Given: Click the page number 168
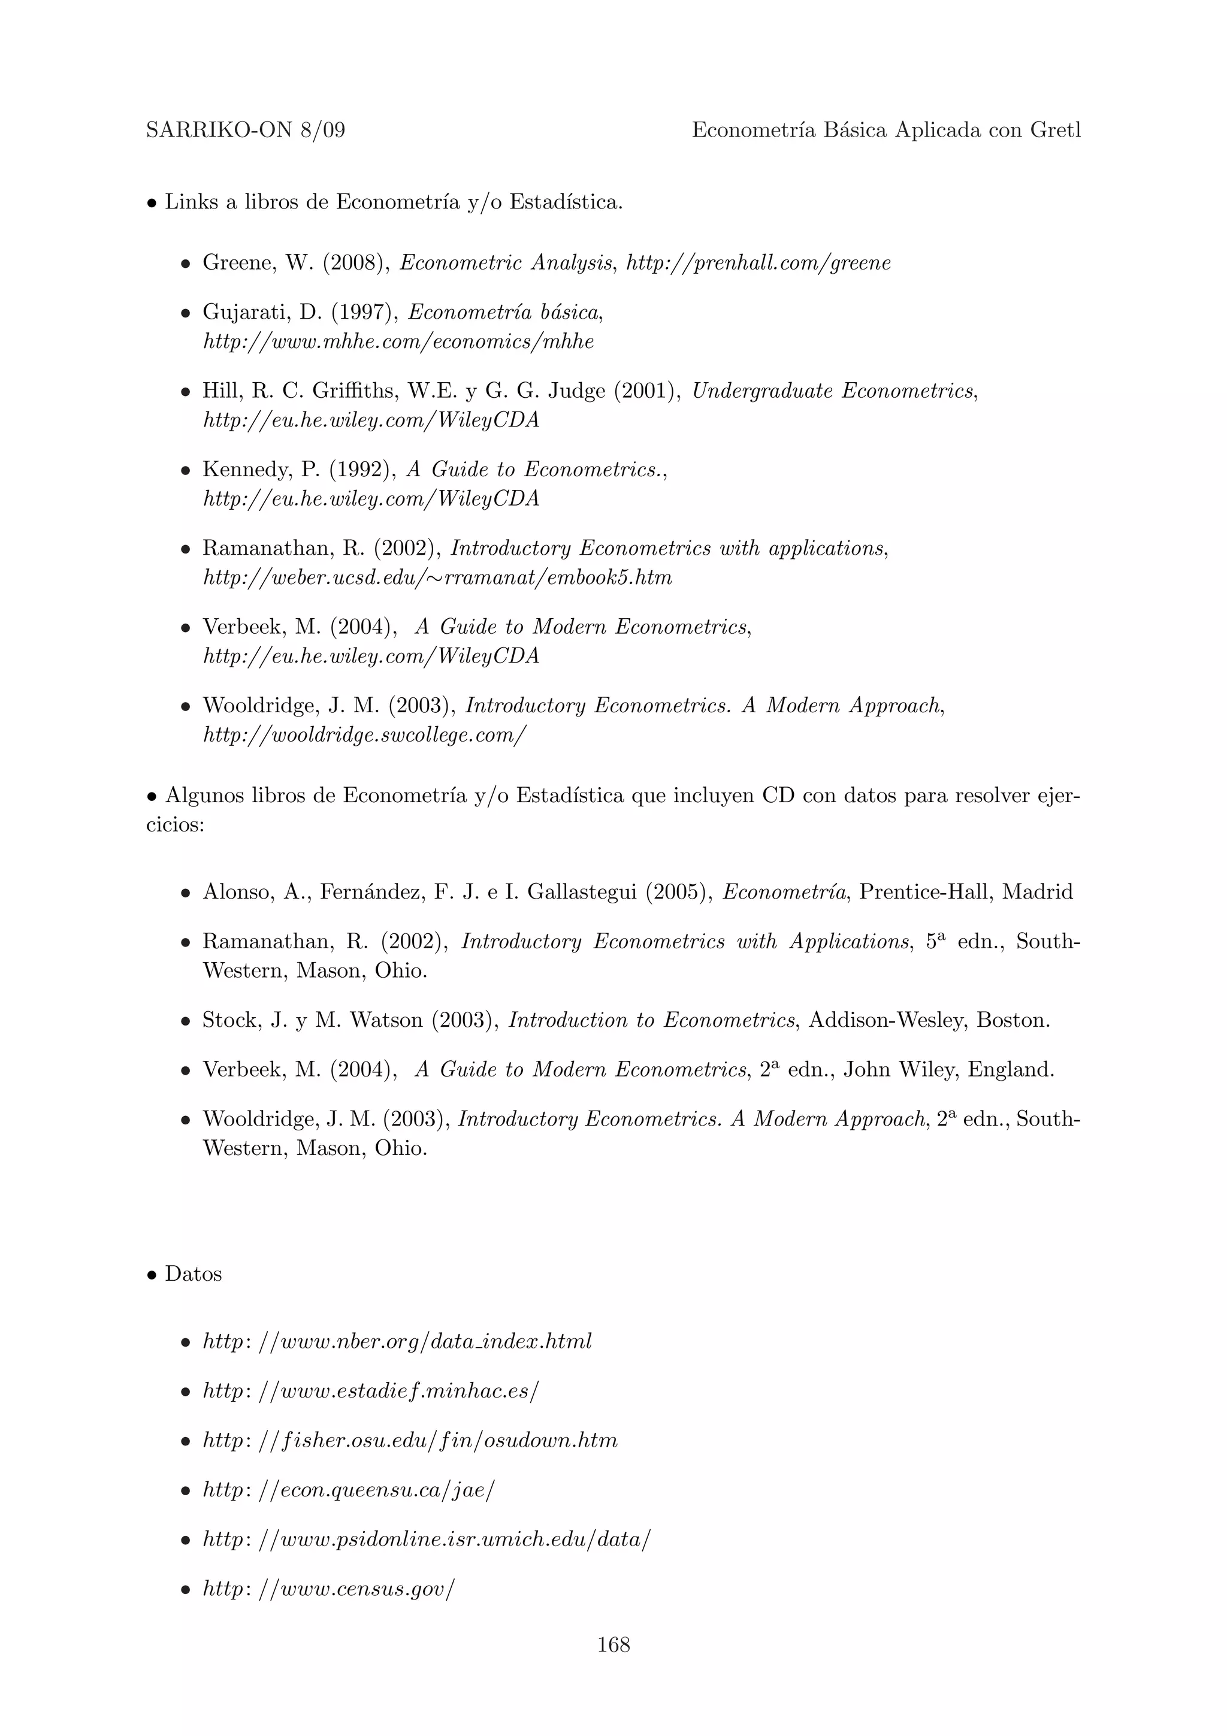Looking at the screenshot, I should click(613, 1644).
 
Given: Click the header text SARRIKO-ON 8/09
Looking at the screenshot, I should click(246, 131).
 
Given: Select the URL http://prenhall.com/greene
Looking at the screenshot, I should click(758, 263).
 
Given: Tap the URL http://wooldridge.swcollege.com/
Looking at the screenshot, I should click(364, 735).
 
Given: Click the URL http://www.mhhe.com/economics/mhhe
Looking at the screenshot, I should click(398, 342).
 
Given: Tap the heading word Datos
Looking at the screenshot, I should click(194, 1274).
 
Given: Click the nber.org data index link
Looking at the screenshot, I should click(397, 1342).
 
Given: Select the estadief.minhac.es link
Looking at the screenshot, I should click(370, 1391).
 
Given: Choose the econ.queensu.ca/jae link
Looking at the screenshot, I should click(349, 1490).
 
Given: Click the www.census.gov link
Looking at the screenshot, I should click(329, 1589).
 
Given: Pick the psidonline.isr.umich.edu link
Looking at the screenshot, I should click(425, 1540).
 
